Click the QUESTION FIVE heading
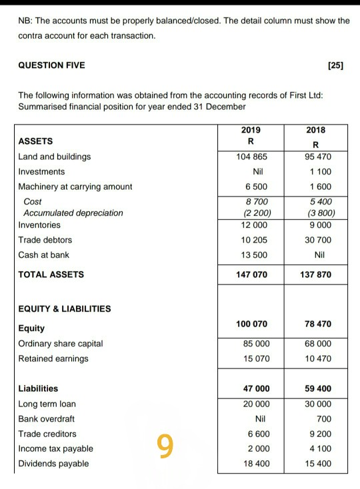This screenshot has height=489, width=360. point(51,65)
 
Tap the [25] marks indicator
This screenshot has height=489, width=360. point(336,65)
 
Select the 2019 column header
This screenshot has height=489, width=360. point(251,131)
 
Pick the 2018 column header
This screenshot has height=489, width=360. point(317,131)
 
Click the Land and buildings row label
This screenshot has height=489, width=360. point(55,157)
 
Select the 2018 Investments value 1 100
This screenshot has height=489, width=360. point(319,171)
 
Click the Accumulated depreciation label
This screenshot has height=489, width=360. point(73,213)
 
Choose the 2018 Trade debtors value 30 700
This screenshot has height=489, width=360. point(318,240)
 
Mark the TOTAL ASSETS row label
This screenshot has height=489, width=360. point(51,274)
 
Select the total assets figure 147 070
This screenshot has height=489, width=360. point(251,274)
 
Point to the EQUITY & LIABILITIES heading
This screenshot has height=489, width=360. point(65,308)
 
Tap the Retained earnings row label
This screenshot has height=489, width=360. point(53,358)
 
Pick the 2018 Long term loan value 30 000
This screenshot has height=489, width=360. point(318,404)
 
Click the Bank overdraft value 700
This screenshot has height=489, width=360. point(324,419)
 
